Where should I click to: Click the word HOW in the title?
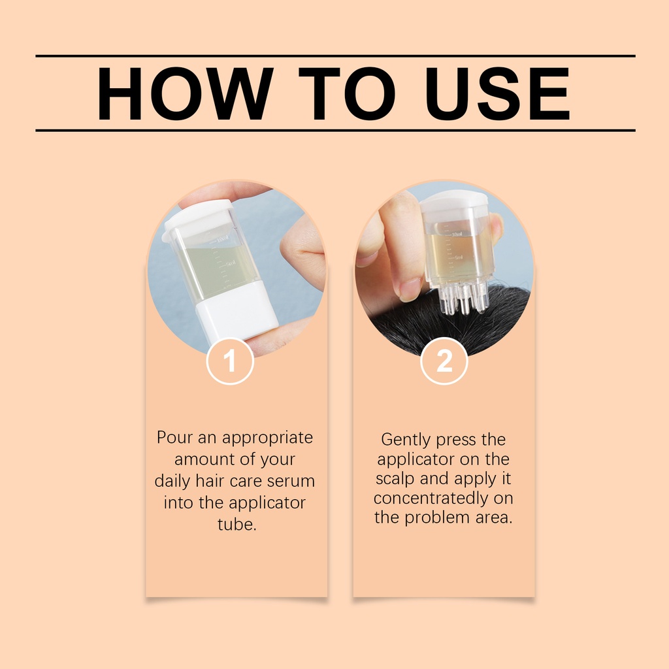tap(184, 93)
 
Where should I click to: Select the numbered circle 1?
tap(230, 361)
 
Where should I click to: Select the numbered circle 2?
tap(444, 361)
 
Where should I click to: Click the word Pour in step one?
tap(174, 437)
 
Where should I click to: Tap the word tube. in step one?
tap(237, 524)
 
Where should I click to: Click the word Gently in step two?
tap(406, 440)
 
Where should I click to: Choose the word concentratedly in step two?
tap(431, 498)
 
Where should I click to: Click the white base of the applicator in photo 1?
tap(237, 312)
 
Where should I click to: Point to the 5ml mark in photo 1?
tap(231, 263)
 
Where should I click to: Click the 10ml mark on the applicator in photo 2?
tap(457, 233)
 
